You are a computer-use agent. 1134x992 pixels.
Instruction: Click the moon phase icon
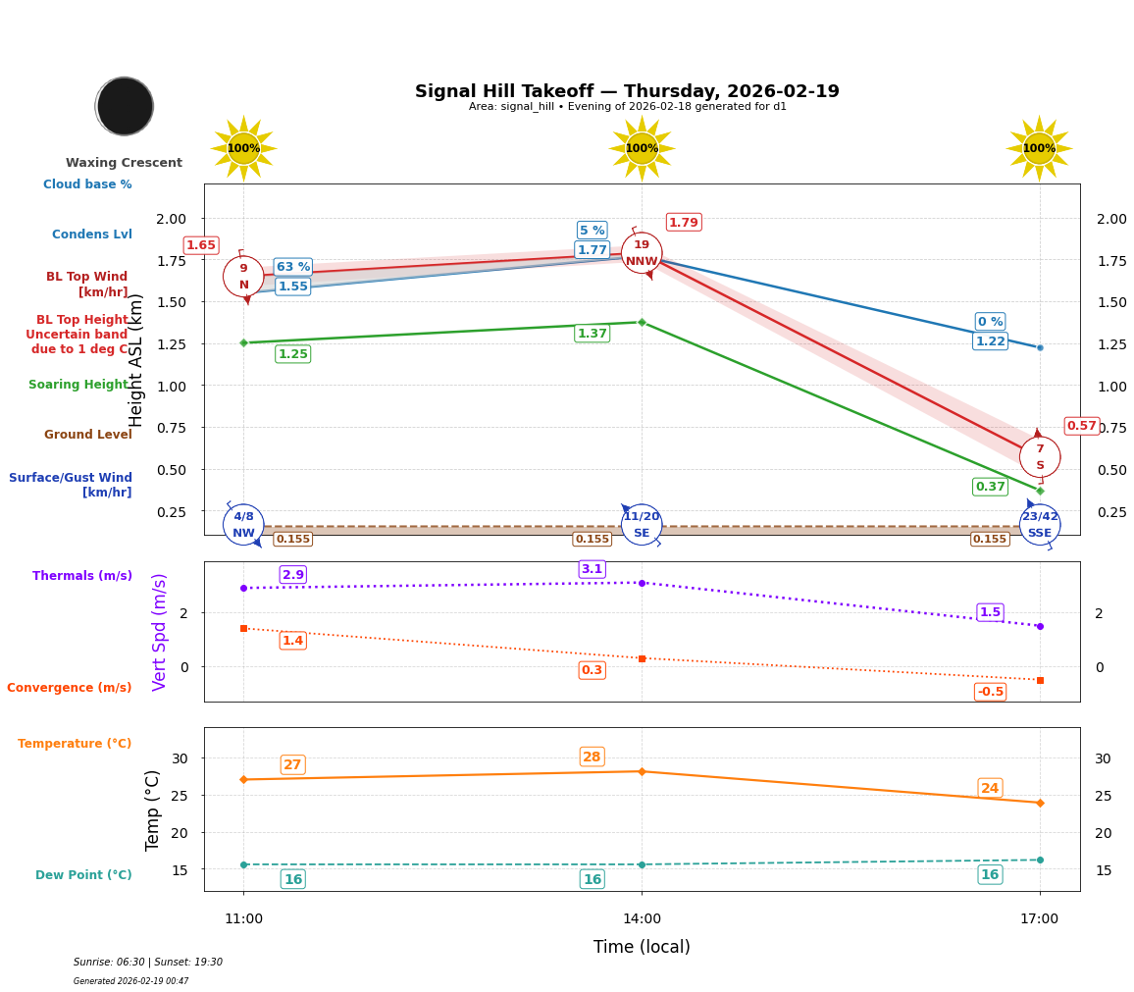125,106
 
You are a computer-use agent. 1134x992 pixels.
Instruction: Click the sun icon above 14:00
642,148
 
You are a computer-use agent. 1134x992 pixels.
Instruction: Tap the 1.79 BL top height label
684,223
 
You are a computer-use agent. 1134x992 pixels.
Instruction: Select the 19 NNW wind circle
642,253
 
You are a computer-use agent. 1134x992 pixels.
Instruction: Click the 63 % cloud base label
292,267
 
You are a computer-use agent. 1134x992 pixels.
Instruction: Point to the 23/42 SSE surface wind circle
1040,525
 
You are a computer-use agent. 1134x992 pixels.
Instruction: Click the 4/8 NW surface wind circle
243,525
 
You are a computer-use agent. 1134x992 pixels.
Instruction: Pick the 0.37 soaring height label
990,487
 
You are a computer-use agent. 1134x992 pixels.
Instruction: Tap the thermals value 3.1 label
592,569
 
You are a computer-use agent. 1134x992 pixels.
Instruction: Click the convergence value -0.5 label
990,692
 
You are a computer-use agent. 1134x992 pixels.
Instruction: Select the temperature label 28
592,757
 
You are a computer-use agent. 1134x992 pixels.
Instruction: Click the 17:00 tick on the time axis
1040,919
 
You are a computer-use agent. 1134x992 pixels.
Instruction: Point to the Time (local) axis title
642,947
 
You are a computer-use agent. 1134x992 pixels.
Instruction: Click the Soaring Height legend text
79,385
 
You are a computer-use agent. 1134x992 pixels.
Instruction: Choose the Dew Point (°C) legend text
83,875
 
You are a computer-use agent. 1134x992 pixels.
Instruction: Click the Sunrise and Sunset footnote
148,963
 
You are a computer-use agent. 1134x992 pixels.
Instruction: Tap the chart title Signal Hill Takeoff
627,91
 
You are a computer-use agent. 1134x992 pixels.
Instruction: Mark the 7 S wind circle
1040,457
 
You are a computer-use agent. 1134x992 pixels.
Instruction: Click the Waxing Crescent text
124,163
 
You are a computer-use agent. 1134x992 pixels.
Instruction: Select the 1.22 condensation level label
990,341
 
